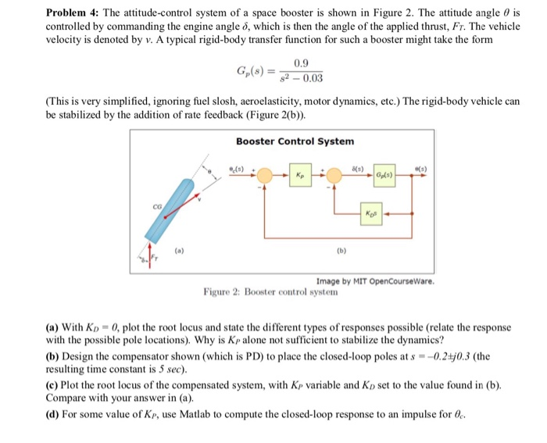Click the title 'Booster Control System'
295,141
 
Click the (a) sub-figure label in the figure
180,254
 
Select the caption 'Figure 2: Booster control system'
271,292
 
